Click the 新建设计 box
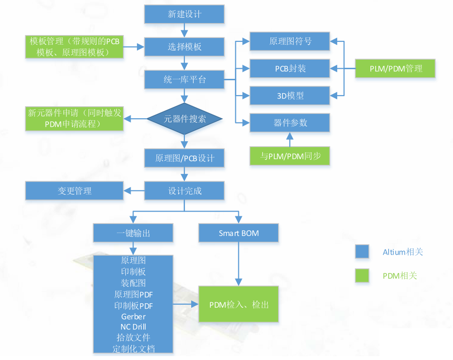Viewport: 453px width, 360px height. point(184,14)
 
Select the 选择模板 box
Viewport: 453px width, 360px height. point(184,47)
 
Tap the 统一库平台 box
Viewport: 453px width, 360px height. point(184,79)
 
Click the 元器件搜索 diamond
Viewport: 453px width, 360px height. point(184,119)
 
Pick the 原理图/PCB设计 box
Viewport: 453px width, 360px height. point(184,158)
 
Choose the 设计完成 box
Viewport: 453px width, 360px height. point(184,191)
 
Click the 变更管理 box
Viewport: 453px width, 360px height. point(74,191)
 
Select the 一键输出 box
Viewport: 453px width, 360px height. point(133,233)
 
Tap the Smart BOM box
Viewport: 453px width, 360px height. point(239,233)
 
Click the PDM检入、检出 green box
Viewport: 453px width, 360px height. point(239,304)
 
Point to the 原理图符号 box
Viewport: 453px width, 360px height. point(290,41)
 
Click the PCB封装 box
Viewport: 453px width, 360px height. point(290,68)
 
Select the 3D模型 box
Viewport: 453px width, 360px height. point(290,95)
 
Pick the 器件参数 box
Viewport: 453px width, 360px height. point(290,123)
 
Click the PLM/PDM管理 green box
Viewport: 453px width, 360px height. point(395,68)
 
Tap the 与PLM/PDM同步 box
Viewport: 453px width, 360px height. point(290,156)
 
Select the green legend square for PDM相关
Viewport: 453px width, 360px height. point(362,275)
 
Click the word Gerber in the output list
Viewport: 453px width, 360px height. point(133,317)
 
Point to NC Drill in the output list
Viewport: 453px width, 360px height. point(133,327)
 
